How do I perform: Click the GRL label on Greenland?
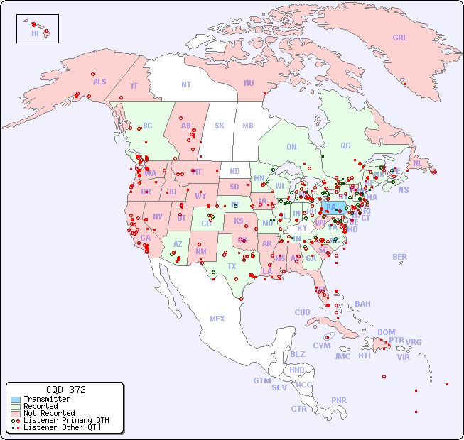pos(400,38)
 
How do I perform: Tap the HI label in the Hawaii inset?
pos(35,33)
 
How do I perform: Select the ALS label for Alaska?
pos(99,82)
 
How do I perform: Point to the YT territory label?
pos(134,86)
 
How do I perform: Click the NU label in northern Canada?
pos(249,83)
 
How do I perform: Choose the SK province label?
pos(220,126)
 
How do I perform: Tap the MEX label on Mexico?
pos(217,319)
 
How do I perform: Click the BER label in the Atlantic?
pos(400,257)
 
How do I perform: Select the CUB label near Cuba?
pos(303,312)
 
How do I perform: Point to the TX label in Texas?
pos(232,266)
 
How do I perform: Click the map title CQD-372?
pos(65,390)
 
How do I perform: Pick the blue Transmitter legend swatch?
pos(16,400)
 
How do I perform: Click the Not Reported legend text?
pos(49,413)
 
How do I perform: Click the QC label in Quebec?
pos(345,145)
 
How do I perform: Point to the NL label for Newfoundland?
pos(418,163)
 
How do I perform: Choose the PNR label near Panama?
pos(339,400)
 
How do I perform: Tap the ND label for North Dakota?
pos(234,171)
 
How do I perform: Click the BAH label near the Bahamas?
pos(362,304)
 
